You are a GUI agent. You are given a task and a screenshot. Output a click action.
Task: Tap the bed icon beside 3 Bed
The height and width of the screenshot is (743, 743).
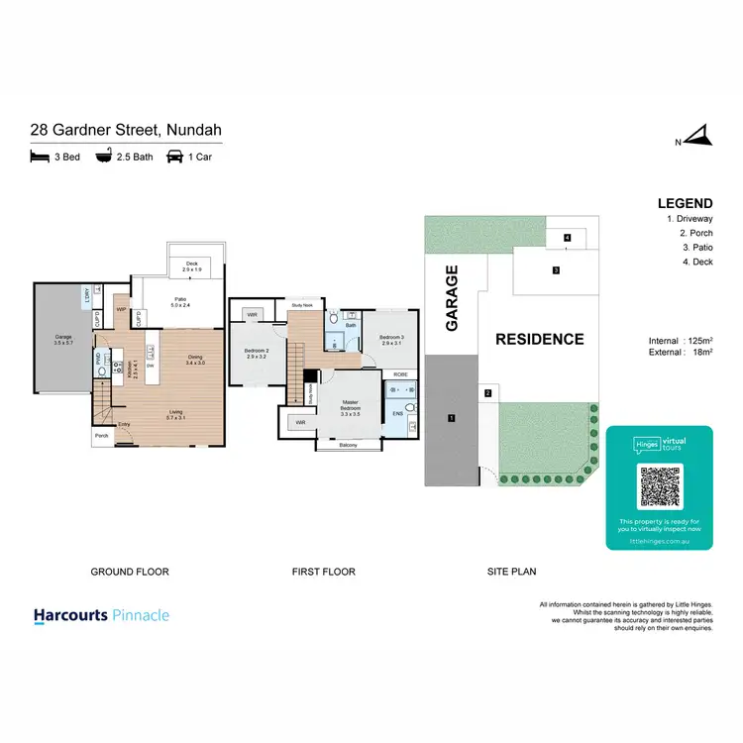40,157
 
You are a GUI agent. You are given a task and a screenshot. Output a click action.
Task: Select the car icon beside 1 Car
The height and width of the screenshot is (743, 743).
174,157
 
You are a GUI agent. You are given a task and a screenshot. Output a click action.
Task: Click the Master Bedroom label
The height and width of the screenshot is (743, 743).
351,406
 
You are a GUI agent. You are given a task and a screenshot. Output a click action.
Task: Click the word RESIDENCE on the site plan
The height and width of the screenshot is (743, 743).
540,339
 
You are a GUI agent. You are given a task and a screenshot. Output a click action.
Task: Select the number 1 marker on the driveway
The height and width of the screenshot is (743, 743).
451,418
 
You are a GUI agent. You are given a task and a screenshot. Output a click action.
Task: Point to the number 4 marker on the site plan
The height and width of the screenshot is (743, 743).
567,238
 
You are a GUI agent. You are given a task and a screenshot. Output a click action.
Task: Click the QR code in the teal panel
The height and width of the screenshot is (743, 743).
659,485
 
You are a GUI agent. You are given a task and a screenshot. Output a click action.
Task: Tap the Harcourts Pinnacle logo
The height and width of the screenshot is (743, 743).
101,615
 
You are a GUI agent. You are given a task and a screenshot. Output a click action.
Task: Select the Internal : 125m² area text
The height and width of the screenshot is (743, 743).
677,340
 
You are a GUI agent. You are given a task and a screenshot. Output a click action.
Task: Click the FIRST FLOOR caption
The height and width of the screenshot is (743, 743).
323,572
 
